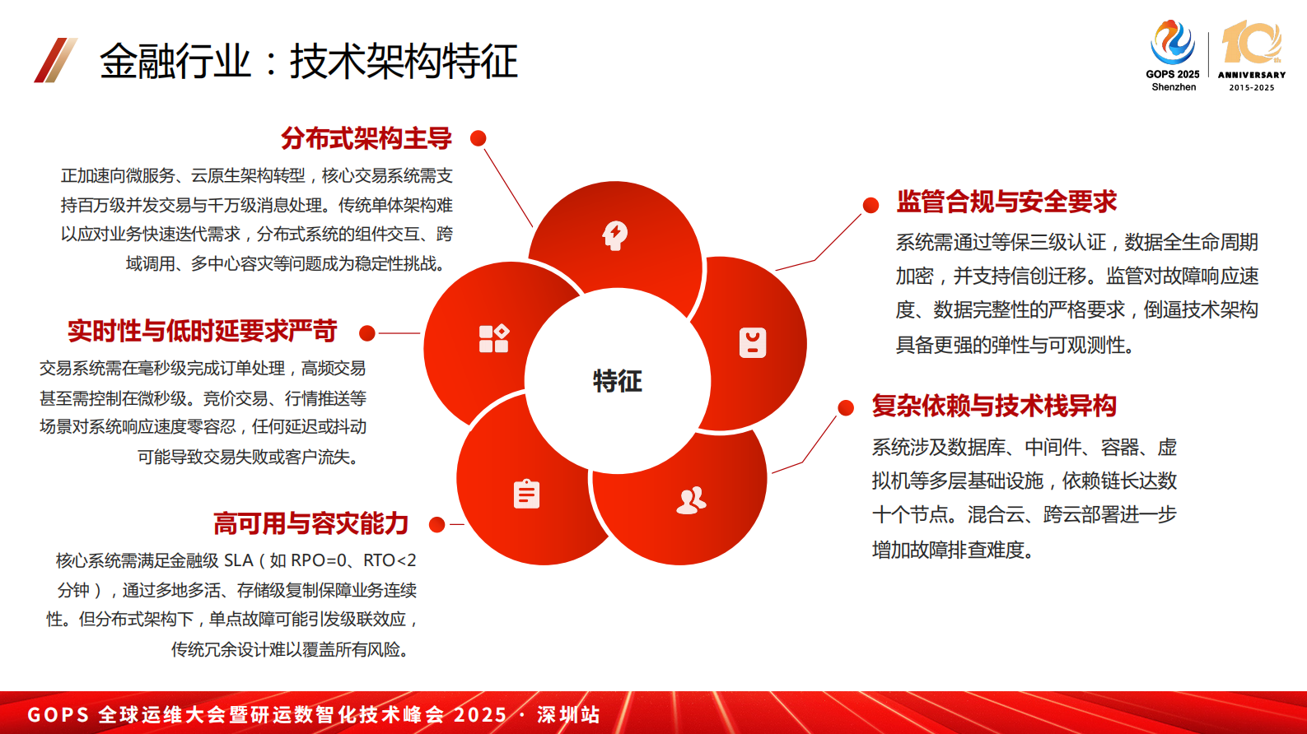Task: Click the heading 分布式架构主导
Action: [366, 138]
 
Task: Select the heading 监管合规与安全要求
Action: [1006, 202]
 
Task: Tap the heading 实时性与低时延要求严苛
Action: [202, 331]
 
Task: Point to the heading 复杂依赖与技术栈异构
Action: [994, 406]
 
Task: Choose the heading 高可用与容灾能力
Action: [310, 523]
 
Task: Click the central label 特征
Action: [617, 381]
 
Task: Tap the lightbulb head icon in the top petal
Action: [614, 235]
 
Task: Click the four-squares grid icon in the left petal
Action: [494, 338]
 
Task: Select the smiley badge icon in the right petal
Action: [753, 342]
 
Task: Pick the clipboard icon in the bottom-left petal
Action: [526, 494]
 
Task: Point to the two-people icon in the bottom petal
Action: [691, 499]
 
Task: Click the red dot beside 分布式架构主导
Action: [478, 138]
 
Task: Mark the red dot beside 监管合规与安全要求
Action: [871, 205]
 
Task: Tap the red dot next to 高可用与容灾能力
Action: [437, 524]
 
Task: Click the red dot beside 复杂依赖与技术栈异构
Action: [846, 407]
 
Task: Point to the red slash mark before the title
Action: [55, 60]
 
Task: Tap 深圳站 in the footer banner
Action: [568, 714]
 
